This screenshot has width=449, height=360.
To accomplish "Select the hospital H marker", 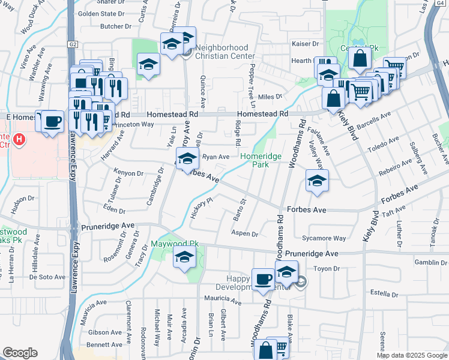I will pyautogui.click(x=20, y=141).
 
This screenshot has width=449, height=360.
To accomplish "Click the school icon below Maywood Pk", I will pyautogui.click(x=184, y=257).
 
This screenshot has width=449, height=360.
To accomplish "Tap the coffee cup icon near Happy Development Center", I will pyautogui.click(x=262, y=278).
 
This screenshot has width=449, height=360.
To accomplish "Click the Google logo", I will pyautogui.click(x=20, y=353).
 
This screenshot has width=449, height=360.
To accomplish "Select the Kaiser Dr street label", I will pyautogui.click(x=306, y=44).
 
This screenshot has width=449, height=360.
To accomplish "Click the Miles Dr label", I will pyautogui.click(x=270, y=97).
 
